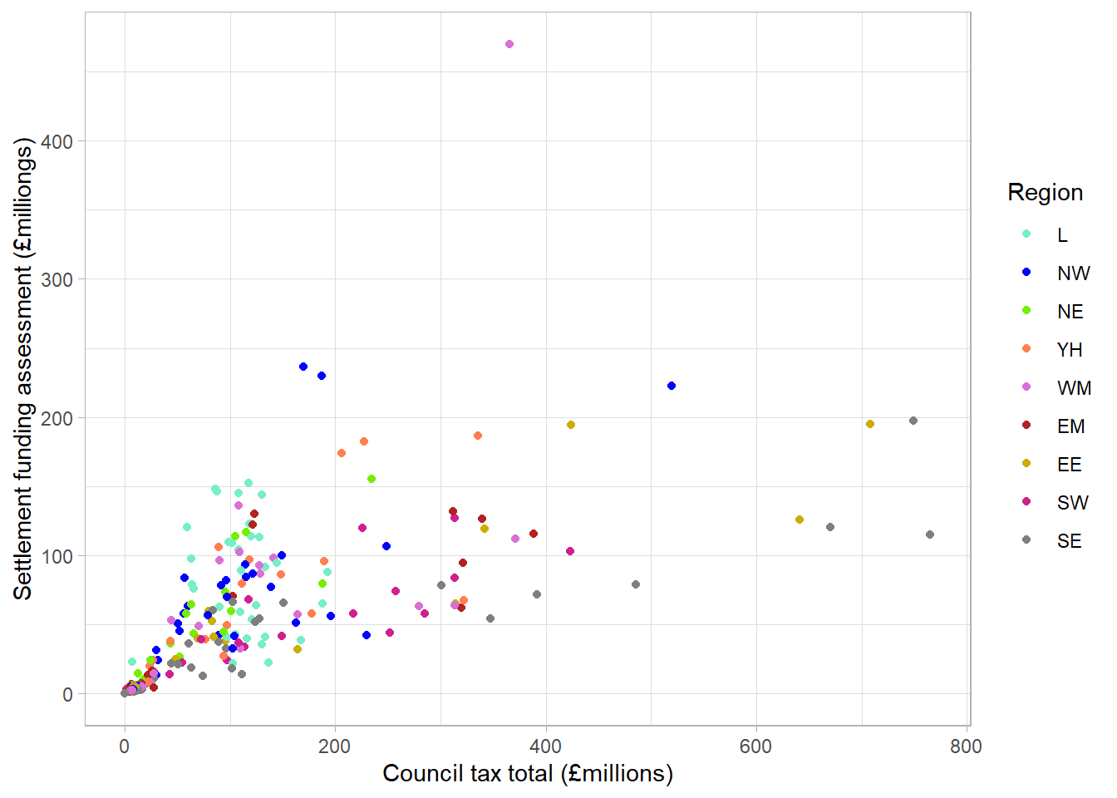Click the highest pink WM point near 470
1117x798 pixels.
[509, 44]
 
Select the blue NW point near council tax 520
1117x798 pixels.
[672, 386]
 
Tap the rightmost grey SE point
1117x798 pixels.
[930, 534]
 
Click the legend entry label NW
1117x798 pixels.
[1073, 273]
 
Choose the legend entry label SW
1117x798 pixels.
[1072, 503]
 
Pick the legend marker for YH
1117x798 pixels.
[1026, 348]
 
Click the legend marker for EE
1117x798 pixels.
[1026, 463]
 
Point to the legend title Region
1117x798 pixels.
[1045, 193]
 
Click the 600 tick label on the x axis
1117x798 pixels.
[755, 746]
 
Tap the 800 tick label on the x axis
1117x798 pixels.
[966, 746]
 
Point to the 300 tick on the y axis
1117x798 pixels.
[57, 279]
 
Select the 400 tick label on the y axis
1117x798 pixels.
[57, 141]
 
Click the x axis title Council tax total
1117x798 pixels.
[528, 774]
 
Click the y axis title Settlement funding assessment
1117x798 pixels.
[23, 369]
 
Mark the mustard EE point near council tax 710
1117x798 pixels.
[870, 424]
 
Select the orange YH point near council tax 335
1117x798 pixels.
[478, 436]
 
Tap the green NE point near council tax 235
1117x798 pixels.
[372, 479]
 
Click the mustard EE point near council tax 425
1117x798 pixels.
[571, 425]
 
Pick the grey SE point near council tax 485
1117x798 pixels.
[636, 584]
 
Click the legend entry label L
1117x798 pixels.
[1062, 235]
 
